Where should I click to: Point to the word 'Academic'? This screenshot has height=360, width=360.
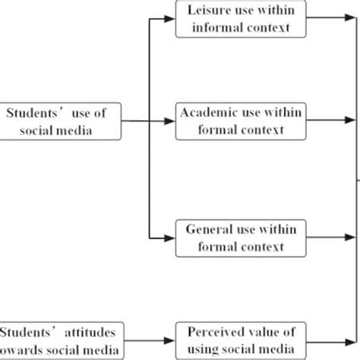coord(204,112)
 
